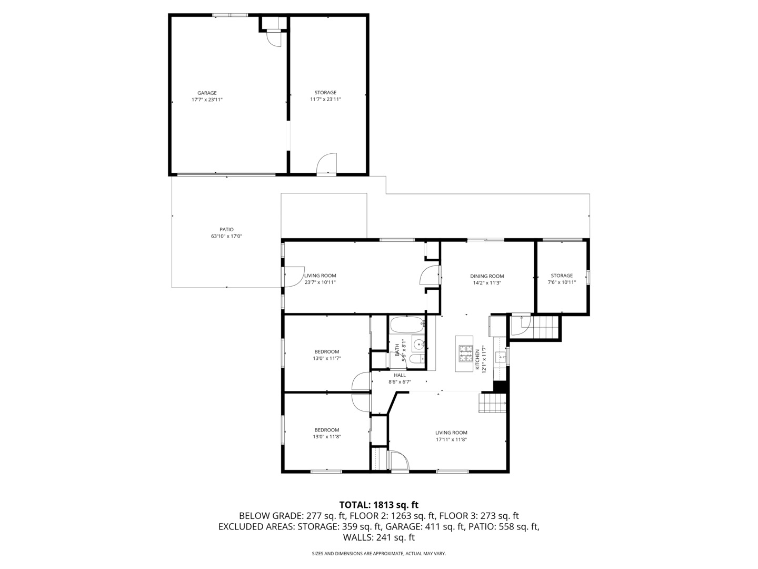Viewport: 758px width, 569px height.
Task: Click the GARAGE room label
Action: tap(207, 93)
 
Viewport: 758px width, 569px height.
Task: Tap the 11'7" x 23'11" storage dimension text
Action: tap(325, 99)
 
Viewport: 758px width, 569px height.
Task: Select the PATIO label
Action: tap(226, 229)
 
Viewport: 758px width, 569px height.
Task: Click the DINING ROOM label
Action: tap(487, 276)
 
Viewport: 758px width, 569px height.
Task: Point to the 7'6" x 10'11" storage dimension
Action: tap(562, 282)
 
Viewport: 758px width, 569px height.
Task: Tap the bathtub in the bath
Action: tap(406, 324)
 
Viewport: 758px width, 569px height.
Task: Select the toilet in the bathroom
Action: tap(415, 360)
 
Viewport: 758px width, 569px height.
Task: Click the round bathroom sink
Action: tap(418, 345)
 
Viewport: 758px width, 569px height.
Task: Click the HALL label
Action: tap(400, 375)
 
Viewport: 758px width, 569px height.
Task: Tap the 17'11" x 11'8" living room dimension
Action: tap(451, 439)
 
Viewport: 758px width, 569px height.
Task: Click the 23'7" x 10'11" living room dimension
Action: tap(320, 282)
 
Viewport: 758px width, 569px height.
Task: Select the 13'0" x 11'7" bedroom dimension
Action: tap(326, 358)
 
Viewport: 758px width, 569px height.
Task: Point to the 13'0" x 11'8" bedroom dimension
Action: tap(326, 436)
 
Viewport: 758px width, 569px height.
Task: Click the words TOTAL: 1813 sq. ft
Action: tap(378, 505)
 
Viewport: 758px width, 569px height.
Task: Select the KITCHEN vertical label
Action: tap(478, 360)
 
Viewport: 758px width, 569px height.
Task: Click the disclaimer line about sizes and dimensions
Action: tap(378, 554)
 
